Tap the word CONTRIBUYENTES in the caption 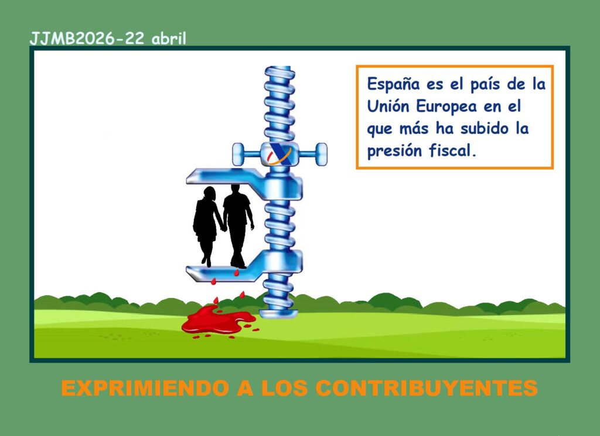point(427,388)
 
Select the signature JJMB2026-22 point(87,39)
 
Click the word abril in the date point(169,39)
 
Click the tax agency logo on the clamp point(279,154)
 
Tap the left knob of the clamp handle point(238,154)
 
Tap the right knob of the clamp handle point(322,154)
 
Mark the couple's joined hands point(223,228)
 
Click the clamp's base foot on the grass point(278,314)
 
